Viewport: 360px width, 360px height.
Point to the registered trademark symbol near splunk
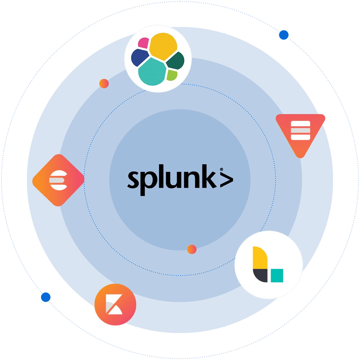222,169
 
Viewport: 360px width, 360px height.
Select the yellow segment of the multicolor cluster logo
163,46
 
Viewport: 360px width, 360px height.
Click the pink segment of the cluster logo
144,43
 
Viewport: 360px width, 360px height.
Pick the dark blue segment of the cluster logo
140,57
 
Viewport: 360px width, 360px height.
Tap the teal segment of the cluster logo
152,72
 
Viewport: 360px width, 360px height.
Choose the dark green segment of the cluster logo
176,61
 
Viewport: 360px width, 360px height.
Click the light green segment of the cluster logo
172,75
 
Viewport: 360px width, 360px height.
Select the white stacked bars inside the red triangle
300,130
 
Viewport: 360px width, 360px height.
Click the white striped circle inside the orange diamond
58,180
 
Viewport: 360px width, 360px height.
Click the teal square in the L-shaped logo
277,276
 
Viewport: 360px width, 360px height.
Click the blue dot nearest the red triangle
284,35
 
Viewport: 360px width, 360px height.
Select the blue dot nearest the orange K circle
46,297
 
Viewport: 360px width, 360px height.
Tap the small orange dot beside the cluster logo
104,83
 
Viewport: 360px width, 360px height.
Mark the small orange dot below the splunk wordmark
192,249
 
